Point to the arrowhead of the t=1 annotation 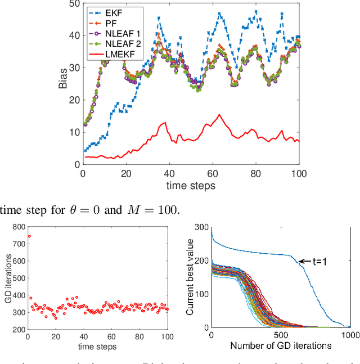(299, 261)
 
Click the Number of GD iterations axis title (280, 345)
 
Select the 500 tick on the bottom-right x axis (281, 335)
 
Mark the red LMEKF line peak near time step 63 (219, 115)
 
